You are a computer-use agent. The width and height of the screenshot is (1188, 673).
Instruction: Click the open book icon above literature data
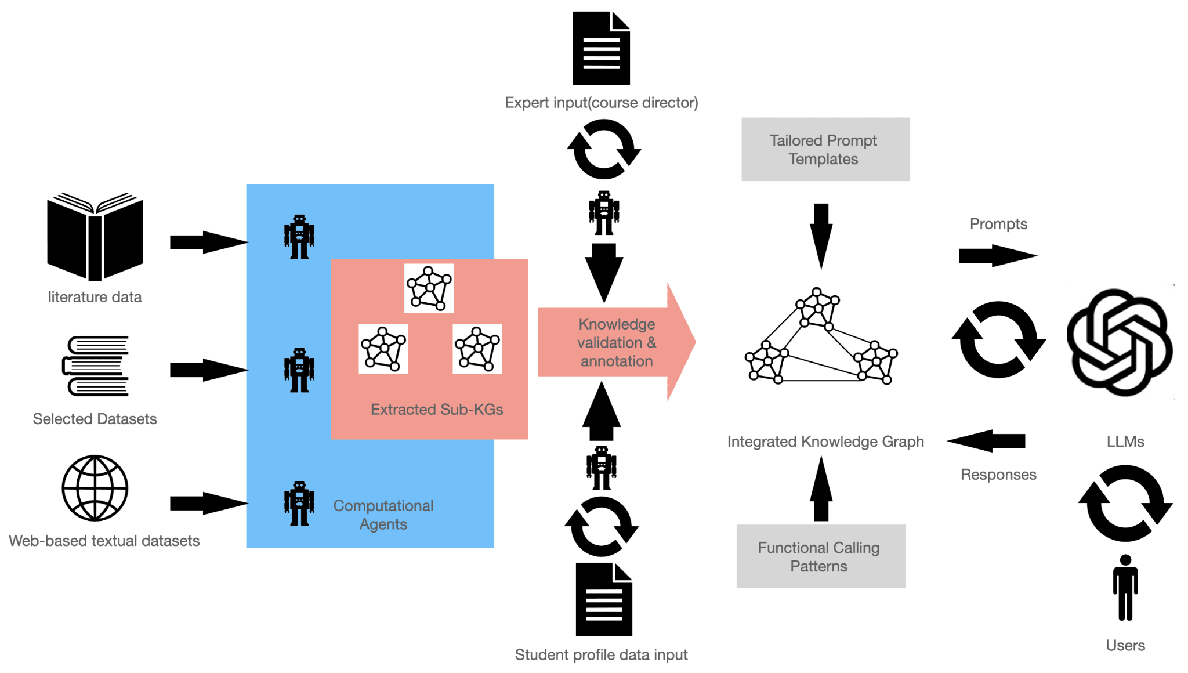tap(95, 237)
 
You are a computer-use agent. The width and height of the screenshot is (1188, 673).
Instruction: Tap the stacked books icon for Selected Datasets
tap(95, 366)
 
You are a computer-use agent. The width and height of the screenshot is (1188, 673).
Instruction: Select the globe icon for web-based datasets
tap(95, 488)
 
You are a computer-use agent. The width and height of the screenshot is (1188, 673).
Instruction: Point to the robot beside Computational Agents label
tap(299, 504)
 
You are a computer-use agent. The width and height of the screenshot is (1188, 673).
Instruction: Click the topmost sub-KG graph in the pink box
tap(429, 288)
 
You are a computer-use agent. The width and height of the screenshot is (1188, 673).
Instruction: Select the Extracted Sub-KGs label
tap(436, 410)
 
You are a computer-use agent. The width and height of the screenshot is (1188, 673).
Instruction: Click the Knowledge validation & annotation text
tap(617, 342)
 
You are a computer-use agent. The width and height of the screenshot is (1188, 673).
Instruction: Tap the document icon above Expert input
tap(602, 48)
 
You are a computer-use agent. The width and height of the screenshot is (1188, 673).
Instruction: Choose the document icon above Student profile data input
tap(604, 599)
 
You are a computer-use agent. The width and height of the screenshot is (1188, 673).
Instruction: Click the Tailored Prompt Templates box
tap(825, 150)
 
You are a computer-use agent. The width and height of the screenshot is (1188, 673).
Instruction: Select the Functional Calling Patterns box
tap(820, 556)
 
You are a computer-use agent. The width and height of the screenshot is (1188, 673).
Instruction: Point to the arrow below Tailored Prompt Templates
tap(821, 235)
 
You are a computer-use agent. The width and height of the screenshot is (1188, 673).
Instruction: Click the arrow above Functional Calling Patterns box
tap(821, 489)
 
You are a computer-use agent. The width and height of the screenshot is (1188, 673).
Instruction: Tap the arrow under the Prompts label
tap(997, 255)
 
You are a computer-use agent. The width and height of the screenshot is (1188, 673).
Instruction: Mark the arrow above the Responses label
tap(987, 441)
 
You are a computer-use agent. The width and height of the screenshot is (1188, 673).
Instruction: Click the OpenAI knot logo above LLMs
tap(1120, 342)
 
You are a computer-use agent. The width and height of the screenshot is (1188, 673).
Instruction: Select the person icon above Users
tap(1125, 588)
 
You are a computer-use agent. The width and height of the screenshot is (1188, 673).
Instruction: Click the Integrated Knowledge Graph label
tap(825, 442)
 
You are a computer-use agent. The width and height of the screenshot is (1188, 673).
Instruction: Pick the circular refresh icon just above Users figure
tap(1125, 503)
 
